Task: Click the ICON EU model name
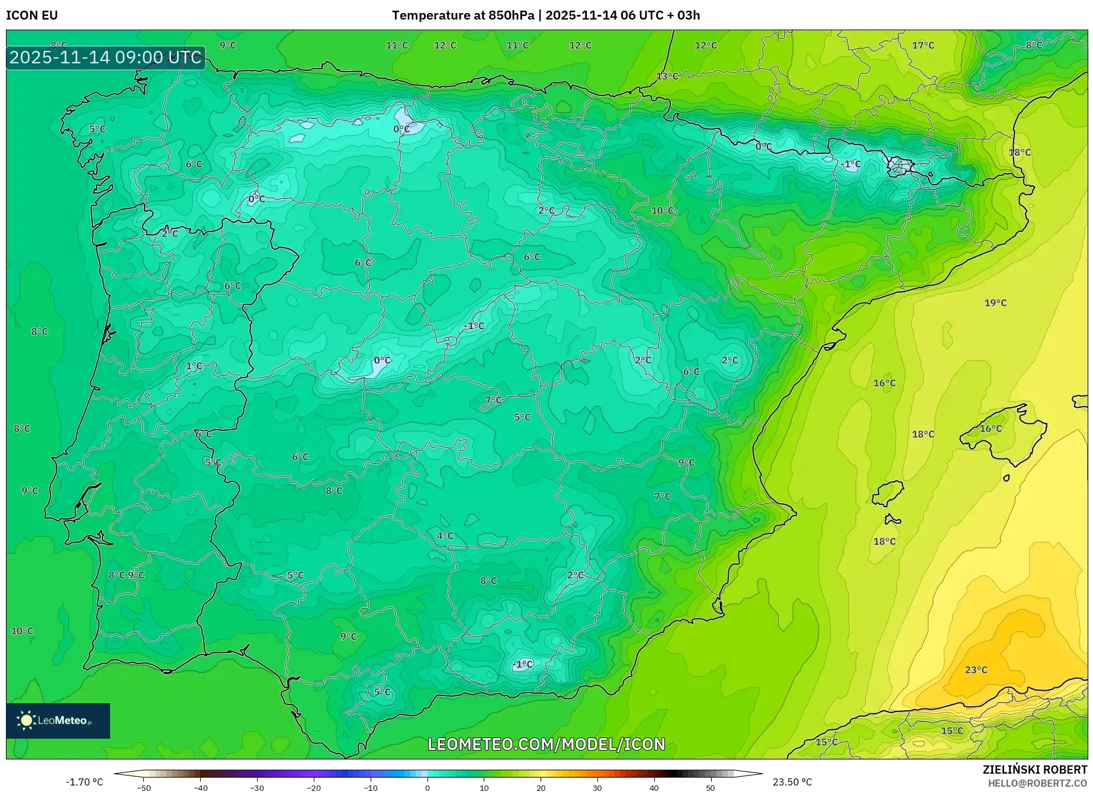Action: [32, 15]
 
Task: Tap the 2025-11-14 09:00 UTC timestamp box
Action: [105, 57]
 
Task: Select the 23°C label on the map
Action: [976, 670]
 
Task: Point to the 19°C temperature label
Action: [995, 303]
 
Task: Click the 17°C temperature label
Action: [922, 46]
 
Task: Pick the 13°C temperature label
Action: [667, 76]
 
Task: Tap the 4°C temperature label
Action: [445, 536]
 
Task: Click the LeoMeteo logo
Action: [58, 720]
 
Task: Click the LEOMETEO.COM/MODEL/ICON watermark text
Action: [546, 744]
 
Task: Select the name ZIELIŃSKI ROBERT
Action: [1034, 770]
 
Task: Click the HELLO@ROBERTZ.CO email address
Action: [1037, 783]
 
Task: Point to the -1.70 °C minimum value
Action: [84, 782]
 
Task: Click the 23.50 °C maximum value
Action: [792, 782]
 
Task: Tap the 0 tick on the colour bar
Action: [427, 788]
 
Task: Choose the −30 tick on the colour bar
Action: [256, 788]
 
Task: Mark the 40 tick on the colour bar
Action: [654, 788]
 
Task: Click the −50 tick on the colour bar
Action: [143, 788]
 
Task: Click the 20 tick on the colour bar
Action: [541, 788]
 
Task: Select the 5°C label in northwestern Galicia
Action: [98, 129]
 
